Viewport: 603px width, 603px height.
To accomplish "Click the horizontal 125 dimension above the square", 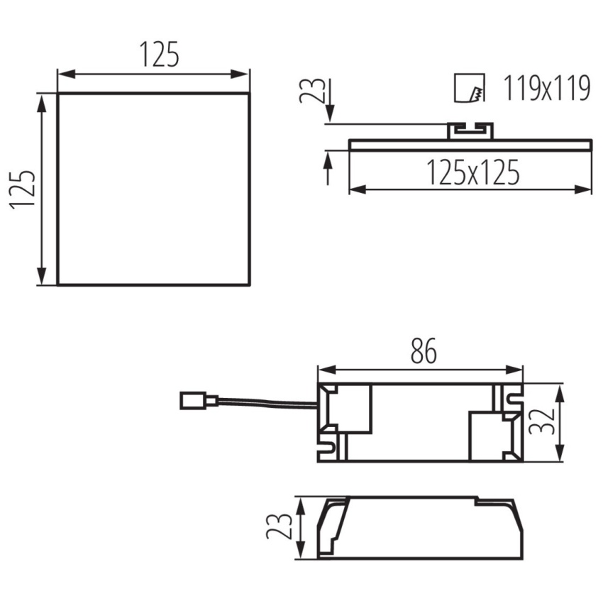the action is pos(159,54).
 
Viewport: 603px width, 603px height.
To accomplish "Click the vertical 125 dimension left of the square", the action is pos(23,189).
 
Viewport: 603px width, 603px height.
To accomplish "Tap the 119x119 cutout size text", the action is pos(546,89).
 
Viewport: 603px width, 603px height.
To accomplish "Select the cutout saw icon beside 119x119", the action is pos(469,88).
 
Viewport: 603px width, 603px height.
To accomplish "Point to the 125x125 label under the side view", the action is pos(473,172).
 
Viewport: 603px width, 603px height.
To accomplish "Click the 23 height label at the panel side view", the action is pos(312,90).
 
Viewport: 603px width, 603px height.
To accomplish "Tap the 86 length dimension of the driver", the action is pos(424,350).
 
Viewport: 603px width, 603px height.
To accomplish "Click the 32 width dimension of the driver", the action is pos(541,421).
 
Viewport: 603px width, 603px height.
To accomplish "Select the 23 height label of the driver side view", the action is pos(280,526).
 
